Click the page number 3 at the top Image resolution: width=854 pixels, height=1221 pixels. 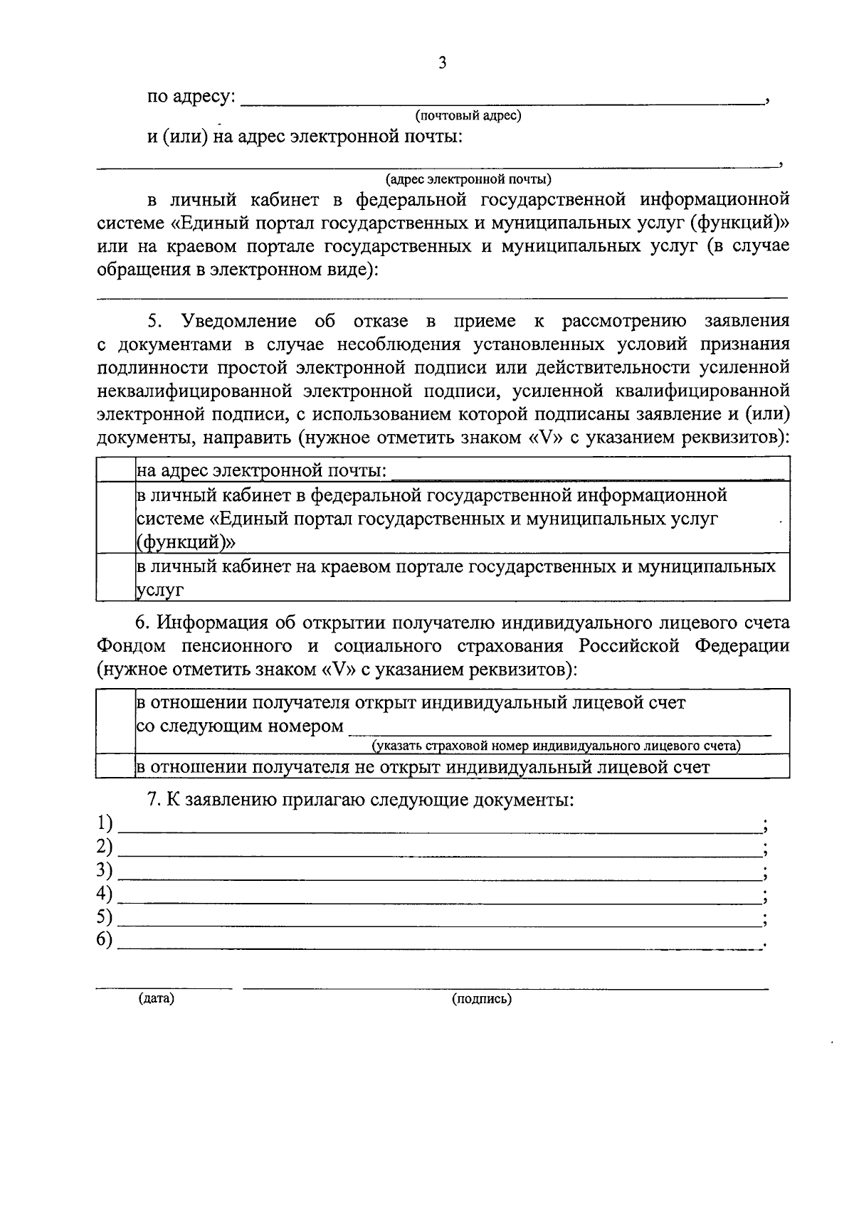[x=442, y=63]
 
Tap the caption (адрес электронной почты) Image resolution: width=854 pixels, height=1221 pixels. [x=468, y=179]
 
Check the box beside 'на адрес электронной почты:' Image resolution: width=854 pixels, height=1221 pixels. [x=116, y=470]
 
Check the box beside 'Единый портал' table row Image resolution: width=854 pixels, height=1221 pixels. [x=116, y=517]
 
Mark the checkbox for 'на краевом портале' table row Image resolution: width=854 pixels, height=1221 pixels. [x=116, y=577]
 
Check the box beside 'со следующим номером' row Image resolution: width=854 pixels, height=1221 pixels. [x=116, y=721]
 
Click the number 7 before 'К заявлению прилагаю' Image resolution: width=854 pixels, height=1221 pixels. [x=152, y=800]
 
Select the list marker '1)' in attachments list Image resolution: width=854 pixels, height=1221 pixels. [x=105, y=823]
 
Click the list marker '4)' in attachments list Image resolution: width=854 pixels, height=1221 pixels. [x=105, y=894]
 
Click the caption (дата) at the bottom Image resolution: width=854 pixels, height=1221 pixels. [x=157, y=998]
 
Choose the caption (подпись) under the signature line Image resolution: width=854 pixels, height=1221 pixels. [x=482, y=999]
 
